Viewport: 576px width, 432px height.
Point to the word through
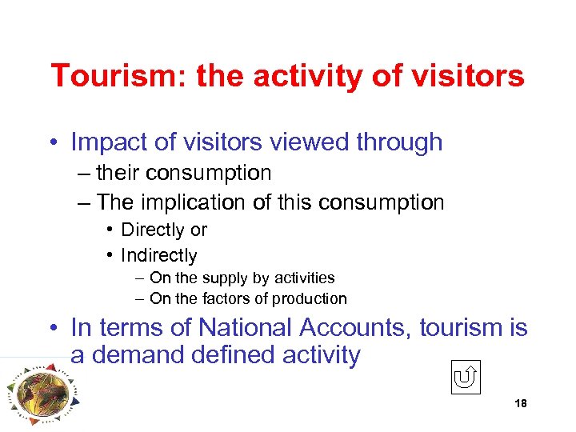399,142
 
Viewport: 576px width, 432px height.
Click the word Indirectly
158,256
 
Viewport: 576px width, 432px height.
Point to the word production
307,299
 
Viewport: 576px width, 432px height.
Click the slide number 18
521,404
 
